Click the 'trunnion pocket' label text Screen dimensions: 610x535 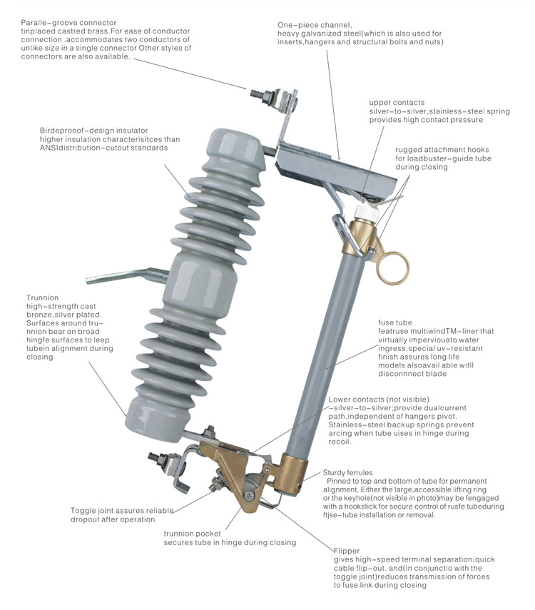[193, 534]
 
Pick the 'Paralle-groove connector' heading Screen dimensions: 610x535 [68, 23]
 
